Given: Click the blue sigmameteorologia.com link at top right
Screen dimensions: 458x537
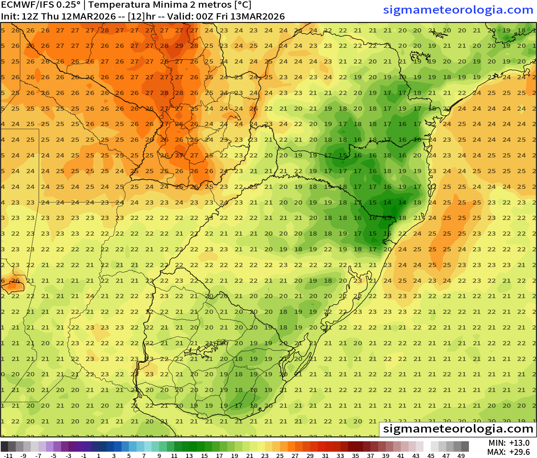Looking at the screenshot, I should (x=458, y=10).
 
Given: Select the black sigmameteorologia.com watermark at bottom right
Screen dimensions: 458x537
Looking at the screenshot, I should (x=458, y=429).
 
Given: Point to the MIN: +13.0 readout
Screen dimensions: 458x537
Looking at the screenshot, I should (x=509, y=443).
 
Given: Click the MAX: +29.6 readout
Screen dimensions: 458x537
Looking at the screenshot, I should (x=509, y=452).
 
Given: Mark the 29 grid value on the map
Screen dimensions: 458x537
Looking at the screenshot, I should (x=179, y=46).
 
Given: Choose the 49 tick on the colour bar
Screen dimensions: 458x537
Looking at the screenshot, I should (x=461, y=456).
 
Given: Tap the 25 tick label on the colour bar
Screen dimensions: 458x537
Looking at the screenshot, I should (x=280, y=456).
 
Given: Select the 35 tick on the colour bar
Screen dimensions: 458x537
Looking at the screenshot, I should (x=355, y=456).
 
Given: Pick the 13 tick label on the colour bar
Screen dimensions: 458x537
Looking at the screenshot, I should (x=189, y=456).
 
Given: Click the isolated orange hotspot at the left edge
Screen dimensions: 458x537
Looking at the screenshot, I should (x=13, y=285).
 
